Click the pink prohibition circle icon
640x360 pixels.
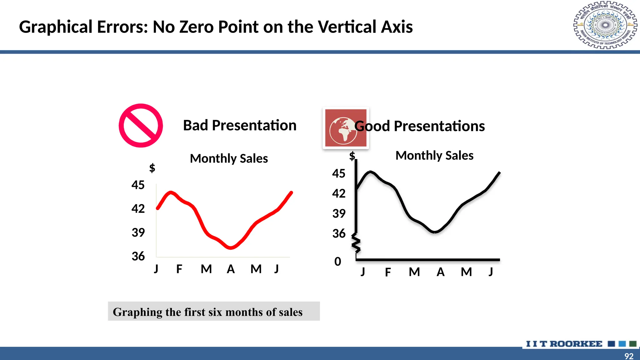pos(141,126)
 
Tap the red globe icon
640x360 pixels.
pos(346,128)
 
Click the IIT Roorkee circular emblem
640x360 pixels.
pos(605,25)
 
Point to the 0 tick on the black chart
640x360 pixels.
pos(338,262)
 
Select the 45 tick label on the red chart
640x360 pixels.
pos(138,185)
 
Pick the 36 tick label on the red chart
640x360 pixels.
pos(138,257)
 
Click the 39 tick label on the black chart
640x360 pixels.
pos(339,214)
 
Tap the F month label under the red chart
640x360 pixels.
pos(179,269)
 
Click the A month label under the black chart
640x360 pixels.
pos(441,272)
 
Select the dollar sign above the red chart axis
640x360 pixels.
pos(152,168)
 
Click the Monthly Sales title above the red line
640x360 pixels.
pos(229,158)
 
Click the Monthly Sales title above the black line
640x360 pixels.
pos(434,155)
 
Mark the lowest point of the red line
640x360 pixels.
pos(231,248)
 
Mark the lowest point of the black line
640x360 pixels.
pos(434,232)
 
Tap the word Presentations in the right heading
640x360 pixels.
pos(439,126)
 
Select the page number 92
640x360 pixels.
pos(629,356)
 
